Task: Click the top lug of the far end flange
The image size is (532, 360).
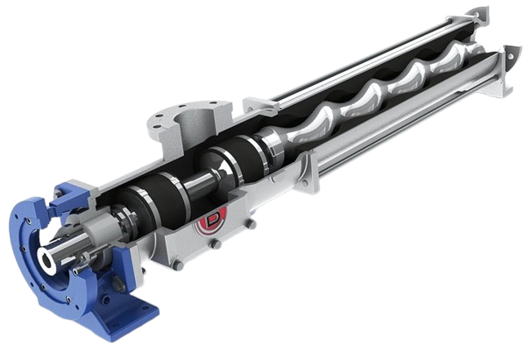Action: tap(478, 14)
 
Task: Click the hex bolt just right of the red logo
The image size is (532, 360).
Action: tap(250, 224)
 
